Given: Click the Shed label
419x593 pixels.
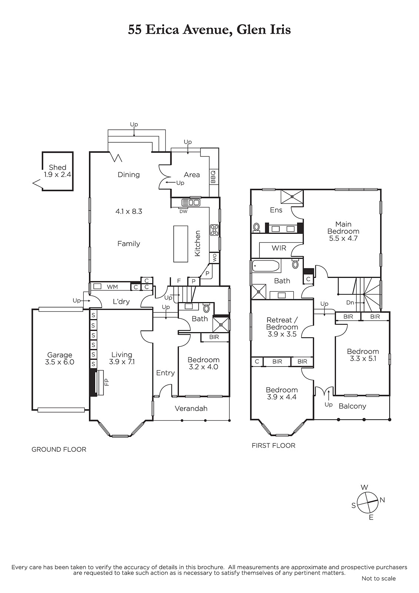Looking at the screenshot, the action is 57,167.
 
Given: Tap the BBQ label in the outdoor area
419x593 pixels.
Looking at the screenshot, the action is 213,177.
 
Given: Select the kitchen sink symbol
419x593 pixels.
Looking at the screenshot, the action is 190,202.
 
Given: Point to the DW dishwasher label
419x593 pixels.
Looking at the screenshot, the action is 183,212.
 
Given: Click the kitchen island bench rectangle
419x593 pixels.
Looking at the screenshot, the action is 180,244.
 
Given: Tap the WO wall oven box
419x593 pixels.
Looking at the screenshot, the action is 215,258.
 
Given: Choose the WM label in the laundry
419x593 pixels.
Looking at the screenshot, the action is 112,287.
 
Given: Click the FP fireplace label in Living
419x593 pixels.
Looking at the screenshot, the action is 107,382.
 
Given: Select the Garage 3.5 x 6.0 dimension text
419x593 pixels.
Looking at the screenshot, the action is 60,362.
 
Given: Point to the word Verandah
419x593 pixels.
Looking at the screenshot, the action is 191,408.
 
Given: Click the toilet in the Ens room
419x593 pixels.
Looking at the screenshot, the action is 256,227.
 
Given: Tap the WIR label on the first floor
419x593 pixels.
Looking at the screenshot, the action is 279,248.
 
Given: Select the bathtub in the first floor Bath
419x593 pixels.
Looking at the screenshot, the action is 266,266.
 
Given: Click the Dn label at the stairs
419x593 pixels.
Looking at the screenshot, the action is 350,302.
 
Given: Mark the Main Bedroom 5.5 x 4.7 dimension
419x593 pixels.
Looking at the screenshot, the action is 343,238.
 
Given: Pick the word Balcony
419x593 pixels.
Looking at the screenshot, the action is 352,406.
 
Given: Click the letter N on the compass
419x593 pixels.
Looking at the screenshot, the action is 382,500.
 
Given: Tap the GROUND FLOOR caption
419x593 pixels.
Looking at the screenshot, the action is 59,450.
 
